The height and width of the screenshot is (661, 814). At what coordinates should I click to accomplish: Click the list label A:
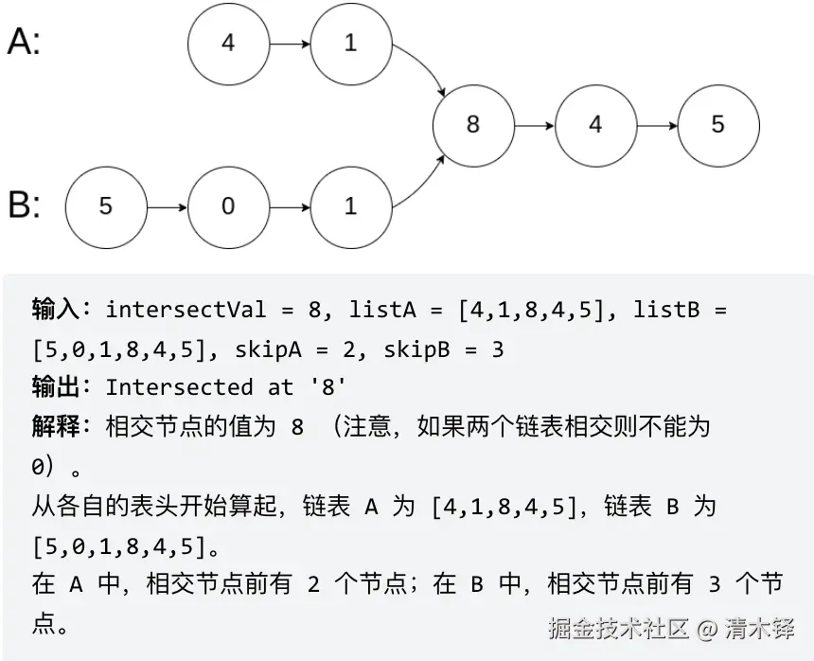pos(24,42)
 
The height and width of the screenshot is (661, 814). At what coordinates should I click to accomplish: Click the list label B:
pos(24,205)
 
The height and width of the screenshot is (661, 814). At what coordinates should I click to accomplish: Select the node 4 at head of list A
pos(228,44)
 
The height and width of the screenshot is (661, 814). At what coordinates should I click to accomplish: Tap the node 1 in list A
pos(350,44)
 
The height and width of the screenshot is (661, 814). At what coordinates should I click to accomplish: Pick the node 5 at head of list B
pos(106,205)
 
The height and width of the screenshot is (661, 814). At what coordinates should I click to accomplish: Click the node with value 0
pos(228,205)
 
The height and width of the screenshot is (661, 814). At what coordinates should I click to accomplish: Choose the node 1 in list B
pos(350,205)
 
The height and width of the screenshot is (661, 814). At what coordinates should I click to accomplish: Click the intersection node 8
pos(472,125)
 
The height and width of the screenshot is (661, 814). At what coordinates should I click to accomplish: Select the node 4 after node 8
pos(594,125)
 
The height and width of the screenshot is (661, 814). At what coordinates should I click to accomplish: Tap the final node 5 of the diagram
pos(717,125)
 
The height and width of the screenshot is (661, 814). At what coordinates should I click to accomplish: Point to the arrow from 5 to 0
pos(167,205)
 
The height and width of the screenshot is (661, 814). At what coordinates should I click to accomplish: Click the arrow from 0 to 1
pos(289,205)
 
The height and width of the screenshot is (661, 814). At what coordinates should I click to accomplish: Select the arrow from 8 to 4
pos(534,125)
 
